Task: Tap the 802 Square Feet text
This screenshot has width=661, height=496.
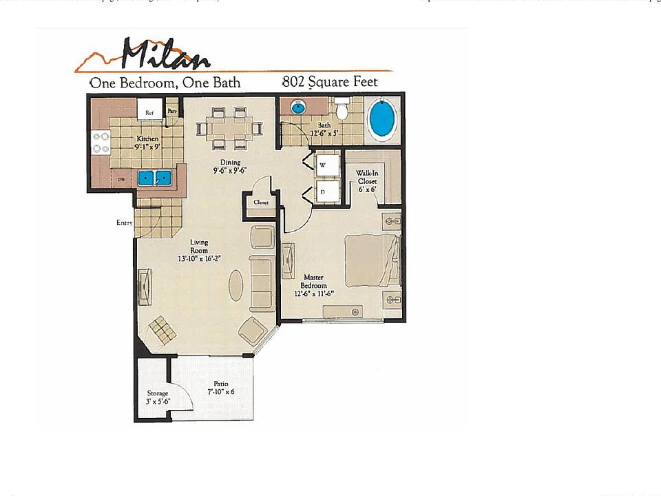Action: click(329, 82)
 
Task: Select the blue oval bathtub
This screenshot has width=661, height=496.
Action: click(383, 119)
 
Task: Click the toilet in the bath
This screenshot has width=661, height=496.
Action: click(342, 112)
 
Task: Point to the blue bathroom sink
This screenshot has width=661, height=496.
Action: click(298, 107)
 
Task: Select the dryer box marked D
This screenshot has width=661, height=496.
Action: click(326, 192)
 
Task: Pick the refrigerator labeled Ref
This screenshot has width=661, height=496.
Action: click(149, 111)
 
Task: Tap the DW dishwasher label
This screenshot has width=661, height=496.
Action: click(121, 179)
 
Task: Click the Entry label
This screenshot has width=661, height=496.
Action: click(124, 223)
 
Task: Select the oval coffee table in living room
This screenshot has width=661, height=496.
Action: click(236, 285)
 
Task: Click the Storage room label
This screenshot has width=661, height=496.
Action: click(157, 397)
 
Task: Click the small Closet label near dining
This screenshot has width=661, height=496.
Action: click(260, 203)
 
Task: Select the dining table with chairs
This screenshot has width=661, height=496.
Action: click(230, 128)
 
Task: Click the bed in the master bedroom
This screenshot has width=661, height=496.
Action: click(370, 260)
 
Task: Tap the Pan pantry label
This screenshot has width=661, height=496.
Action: click(172, 110)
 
